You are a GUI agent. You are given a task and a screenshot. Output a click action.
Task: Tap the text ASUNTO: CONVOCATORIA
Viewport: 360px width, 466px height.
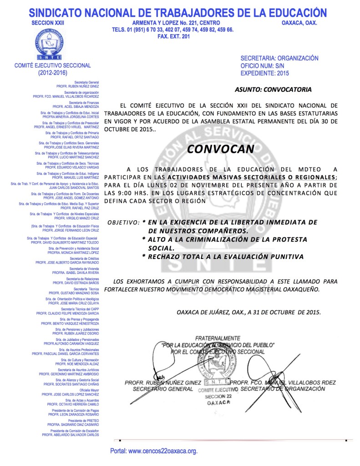point(273,89)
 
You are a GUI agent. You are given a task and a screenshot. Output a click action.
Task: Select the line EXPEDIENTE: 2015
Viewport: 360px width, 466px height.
point(264,73)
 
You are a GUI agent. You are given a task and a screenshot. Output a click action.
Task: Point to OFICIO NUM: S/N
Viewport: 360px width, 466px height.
point(262,66)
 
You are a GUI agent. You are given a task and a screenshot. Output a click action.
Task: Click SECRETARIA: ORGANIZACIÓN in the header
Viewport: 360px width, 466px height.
point(279,59)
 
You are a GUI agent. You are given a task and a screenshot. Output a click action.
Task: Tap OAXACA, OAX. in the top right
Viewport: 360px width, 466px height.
point(299,23)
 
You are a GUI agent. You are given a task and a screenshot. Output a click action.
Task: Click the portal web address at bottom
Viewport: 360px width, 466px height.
point(154,451)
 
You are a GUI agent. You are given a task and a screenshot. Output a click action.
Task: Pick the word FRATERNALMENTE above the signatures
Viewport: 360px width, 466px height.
point(218,339)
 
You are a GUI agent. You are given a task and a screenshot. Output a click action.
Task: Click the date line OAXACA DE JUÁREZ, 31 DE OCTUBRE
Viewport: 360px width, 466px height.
point(248,312)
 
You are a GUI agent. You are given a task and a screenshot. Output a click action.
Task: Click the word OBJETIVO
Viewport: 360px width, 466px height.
point(123,223)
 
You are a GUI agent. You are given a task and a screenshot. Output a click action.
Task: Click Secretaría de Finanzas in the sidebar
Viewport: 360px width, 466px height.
point(84,103)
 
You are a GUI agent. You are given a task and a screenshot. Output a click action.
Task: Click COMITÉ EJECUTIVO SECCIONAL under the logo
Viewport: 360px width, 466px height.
point(53,66)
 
